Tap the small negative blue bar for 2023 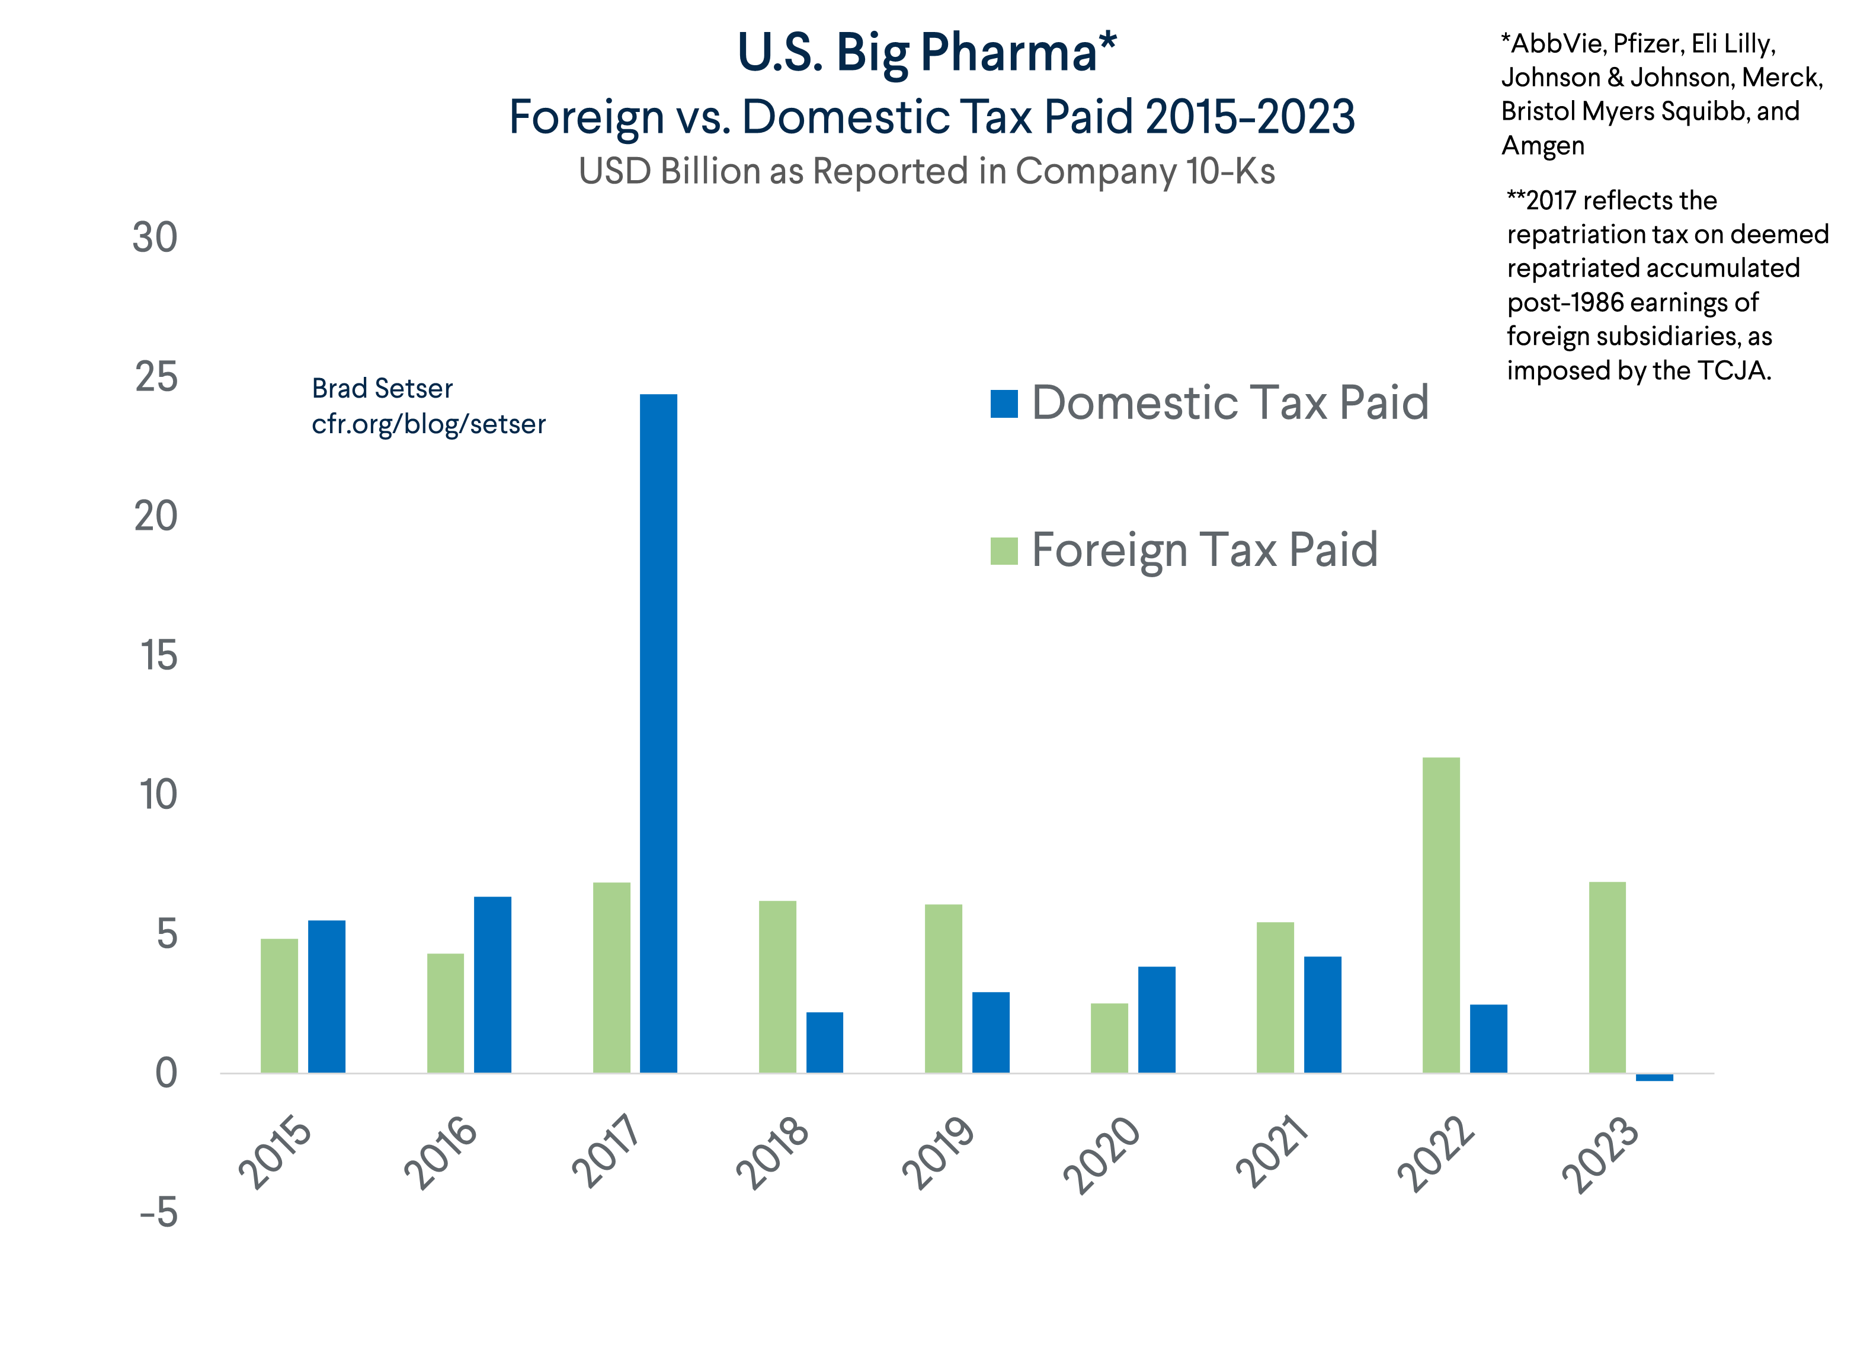(x=1654, y=1077)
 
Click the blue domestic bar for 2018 (x=824, y=1042)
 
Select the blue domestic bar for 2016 (x=492, y=984)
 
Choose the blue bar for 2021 (x=1322, y=1015)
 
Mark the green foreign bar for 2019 (x=943, y=988)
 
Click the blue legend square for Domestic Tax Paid (x=1004, y=404)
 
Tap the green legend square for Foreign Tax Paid (x=1004, y=551)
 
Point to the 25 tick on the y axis (x=156, y=377)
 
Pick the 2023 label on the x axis (x=1600, y=1154)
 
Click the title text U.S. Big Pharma (x=926, y=53)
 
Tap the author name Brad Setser (x=382, y=388)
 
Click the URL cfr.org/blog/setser (x=428, y=424)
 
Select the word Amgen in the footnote (x=1542, y=146)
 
